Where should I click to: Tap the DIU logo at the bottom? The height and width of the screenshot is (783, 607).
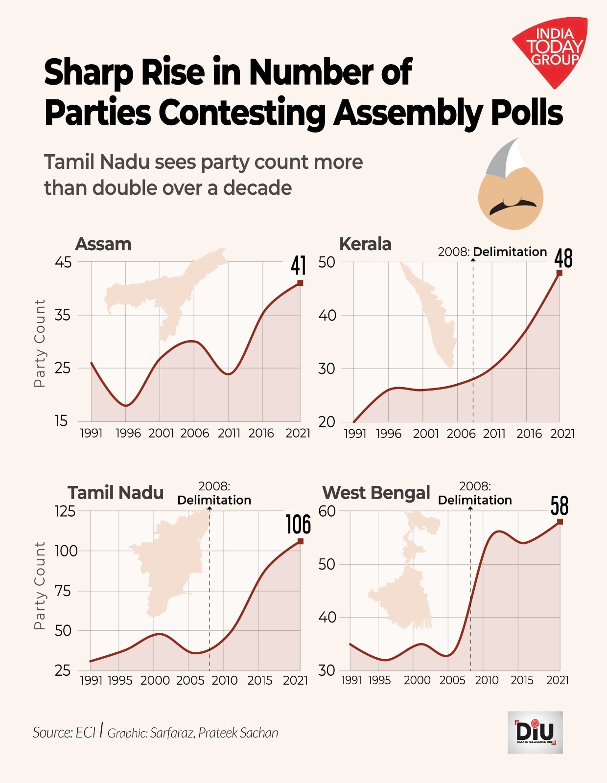click(535, 732)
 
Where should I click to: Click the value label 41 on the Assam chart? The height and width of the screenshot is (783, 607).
click(298, 266)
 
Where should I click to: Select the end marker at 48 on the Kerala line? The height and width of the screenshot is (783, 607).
click(560, 273)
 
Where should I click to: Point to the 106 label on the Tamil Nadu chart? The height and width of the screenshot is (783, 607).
click(298, 524)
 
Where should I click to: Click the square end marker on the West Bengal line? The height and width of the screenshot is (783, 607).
click(560, 522)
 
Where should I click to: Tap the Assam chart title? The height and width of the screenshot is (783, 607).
click(103, 244)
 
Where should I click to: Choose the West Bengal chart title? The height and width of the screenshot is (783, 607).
click(376, 492)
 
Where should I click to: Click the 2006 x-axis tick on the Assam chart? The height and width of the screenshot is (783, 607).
click(194, 433)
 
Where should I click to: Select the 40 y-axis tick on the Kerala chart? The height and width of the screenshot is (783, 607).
click(327, 315)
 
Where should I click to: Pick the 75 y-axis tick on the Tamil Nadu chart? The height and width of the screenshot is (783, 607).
click(63, 591)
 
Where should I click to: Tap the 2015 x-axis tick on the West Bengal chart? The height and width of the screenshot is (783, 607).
click(522, 680)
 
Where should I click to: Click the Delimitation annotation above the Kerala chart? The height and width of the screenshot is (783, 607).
click(510, 252)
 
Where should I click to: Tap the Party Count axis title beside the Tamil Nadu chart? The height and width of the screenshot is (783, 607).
click(39, 585)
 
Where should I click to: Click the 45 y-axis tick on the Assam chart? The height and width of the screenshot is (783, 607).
click(63, 262)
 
